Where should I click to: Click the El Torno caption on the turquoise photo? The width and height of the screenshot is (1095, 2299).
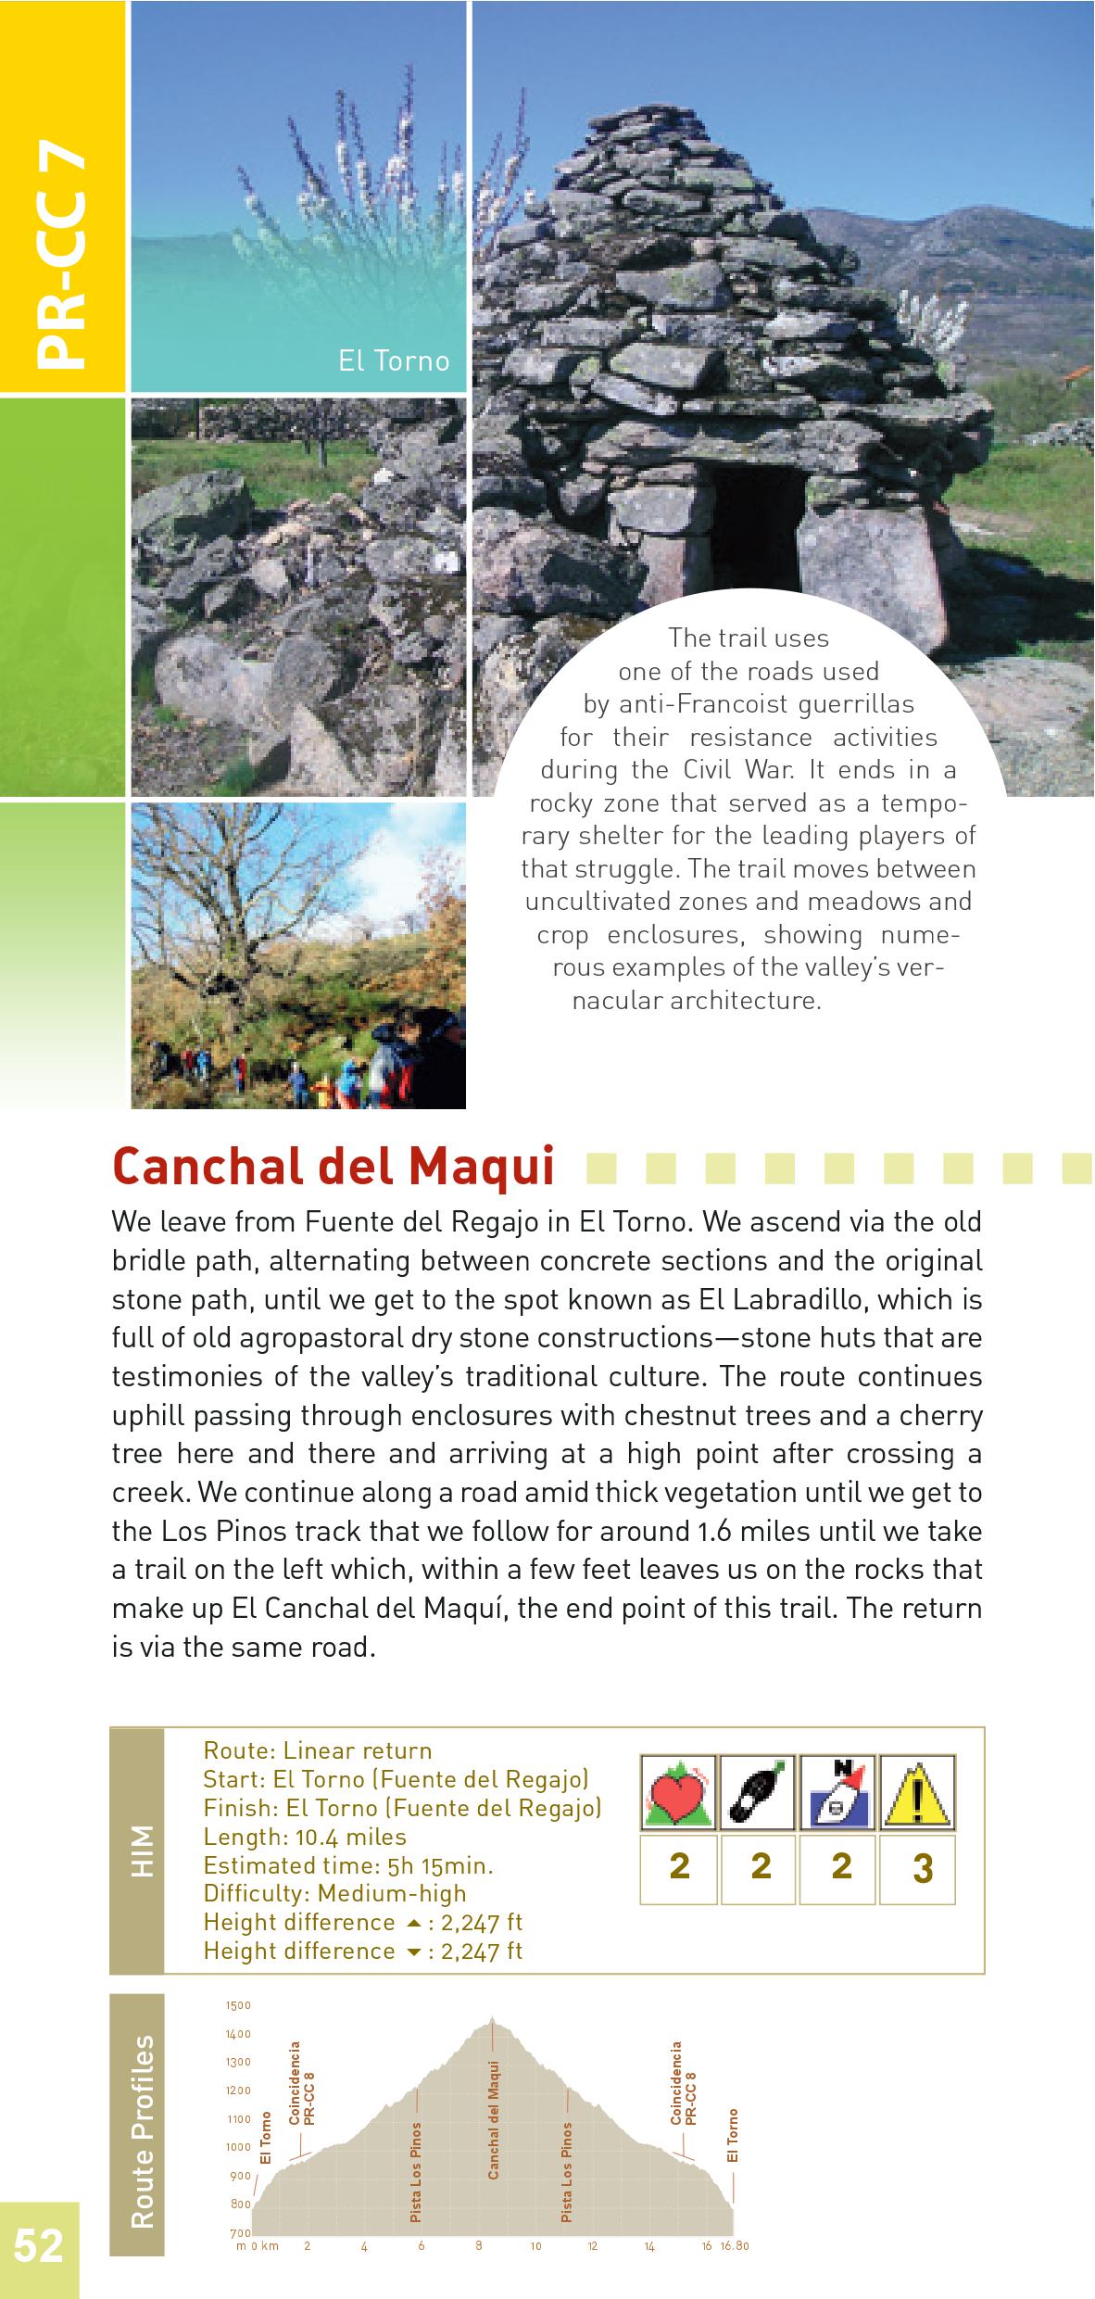tap(394, 360)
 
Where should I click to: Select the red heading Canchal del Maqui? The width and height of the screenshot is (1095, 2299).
tap(333, 1167)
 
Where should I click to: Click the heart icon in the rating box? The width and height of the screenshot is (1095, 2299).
tap(679, 1793)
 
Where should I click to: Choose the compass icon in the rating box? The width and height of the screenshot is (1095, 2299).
tap(839, 1793)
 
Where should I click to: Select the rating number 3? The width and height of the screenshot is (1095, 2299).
tap(922, 1868)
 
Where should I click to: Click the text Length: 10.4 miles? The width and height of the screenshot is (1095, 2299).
tap(305, 1837)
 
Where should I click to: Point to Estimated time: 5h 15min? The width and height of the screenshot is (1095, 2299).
tap(347, 1865)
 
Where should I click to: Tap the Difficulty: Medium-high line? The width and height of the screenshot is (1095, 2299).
tap(334, 1894)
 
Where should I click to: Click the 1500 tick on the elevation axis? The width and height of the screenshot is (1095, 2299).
tap(238, 2005)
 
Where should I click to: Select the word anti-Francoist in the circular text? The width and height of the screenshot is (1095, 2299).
tap(696, 704)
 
